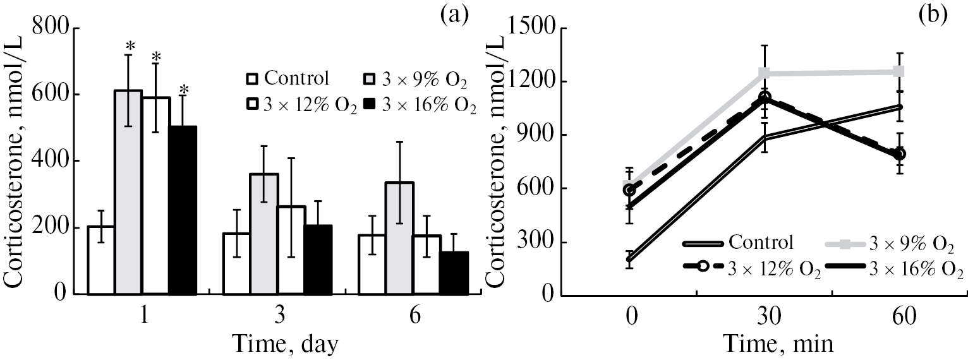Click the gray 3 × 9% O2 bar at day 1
[x=128, y=192]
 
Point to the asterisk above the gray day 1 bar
[x=130, y=46]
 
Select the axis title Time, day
[x=286, y=345]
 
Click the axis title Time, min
[x=770, y=345]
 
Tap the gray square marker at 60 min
[x=900, y=71]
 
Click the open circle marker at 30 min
[x=765, y=97]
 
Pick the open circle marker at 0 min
[x=628, y=189]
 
